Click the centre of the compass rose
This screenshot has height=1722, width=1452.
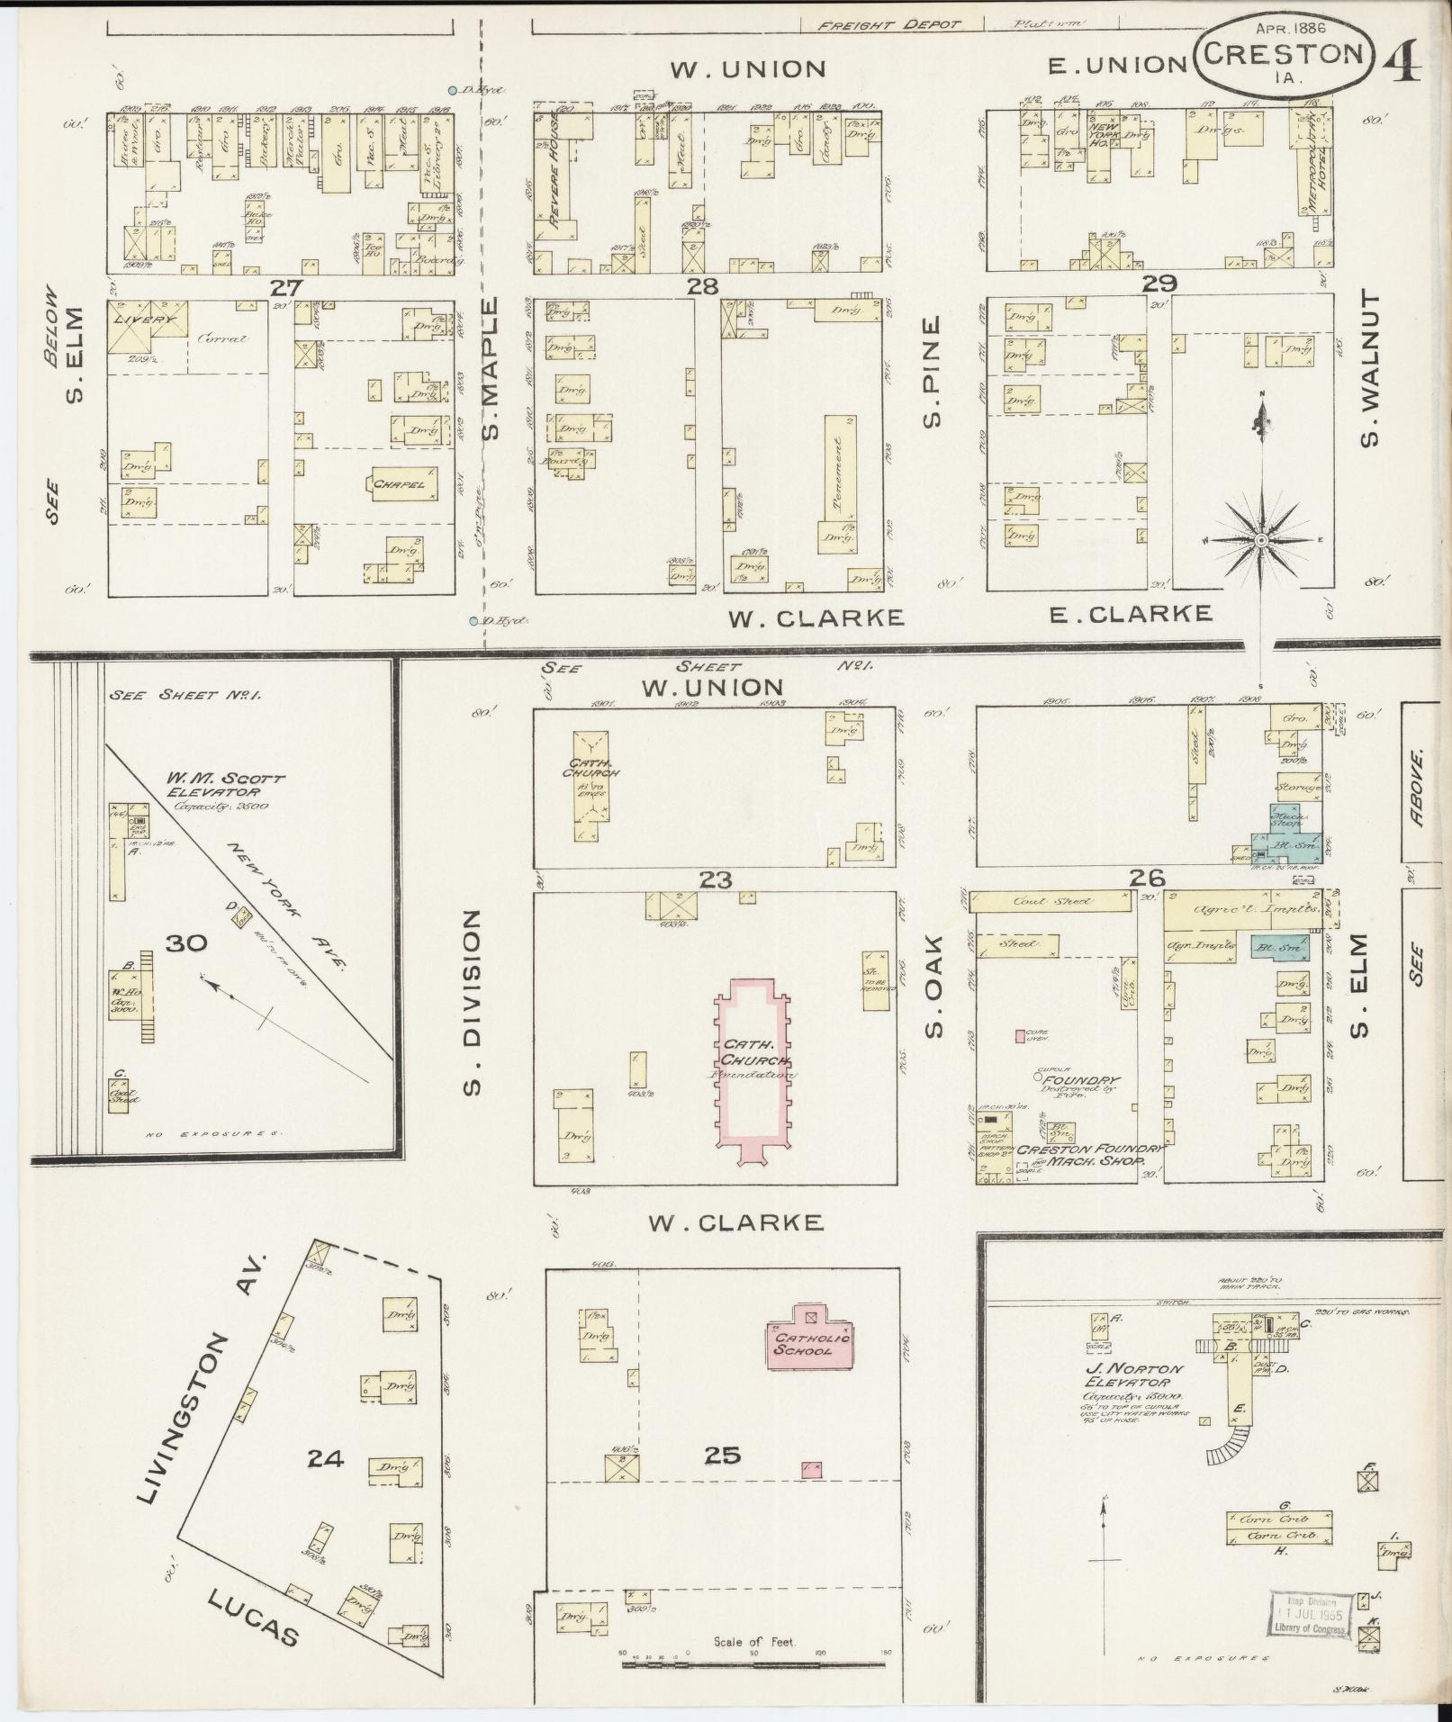click(1261, 539)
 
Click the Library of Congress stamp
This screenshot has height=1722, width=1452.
click(1311, 1615)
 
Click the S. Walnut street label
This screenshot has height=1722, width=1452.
click(1370, 379)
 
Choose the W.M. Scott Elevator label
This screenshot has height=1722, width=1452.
click(225, 787)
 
